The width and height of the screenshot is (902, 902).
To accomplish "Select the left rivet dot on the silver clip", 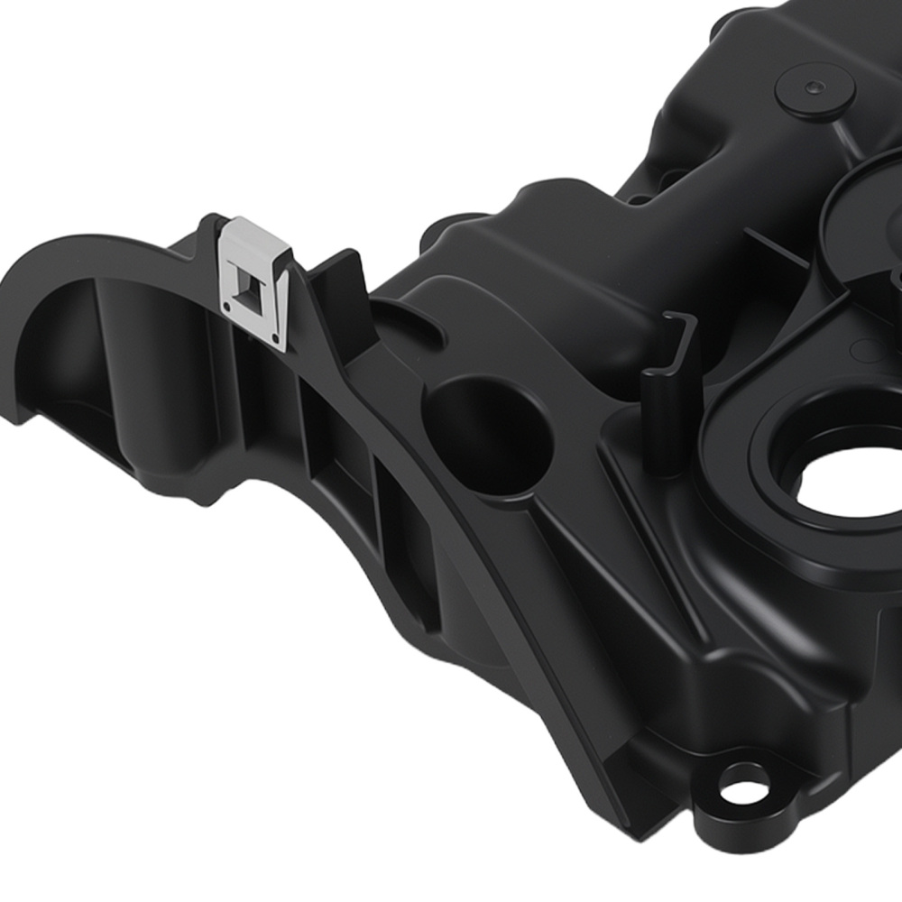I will click(227, 308).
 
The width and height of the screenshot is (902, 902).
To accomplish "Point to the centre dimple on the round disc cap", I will click(815, 87).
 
